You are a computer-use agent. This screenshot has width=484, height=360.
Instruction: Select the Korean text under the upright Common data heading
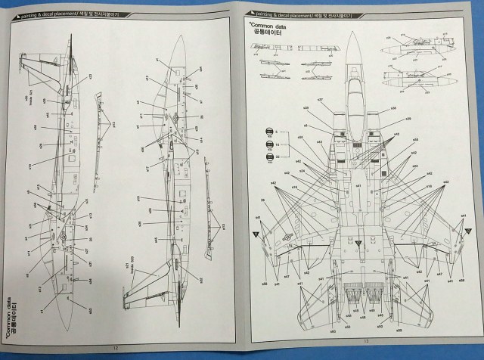click(x=268, y=33)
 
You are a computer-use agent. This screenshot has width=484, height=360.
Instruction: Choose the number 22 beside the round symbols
click(x=278, y=156)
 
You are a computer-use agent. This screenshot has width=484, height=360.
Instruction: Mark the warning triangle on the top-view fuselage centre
click(x=359, y=241)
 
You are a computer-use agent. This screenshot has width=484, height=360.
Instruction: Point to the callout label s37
click(x=320, y=100)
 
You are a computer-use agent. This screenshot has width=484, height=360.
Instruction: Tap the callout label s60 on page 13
click(x=332, y=332)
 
